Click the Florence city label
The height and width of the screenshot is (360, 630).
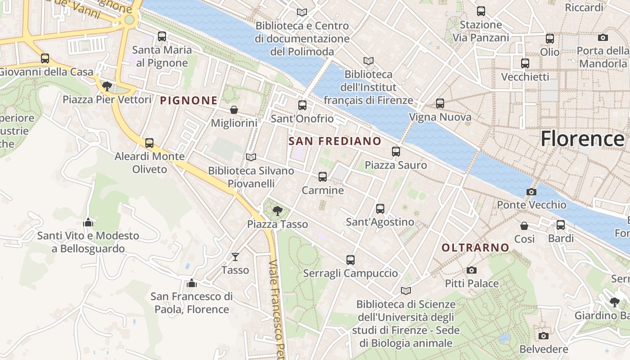[x=582, y=139]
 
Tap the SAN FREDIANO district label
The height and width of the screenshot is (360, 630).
[x=335, y=141]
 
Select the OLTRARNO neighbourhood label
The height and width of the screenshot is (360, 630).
[x=475, y=247]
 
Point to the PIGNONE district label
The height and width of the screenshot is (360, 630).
[x=189, y=101]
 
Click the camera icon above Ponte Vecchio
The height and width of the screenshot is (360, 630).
[x=531, y=192]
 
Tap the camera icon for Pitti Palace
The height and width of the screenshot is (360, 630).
[x=471, y=270]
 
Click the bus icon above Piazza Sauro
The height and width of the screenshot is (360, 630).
[x=396, y=152]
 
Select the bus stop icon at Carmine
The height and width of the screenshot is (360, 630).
[x=322, y=177]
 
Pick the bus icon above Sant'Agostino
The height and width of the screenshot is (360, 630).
[x=380, y=209]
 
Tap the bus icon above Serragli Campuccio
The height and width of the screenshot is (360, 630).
[x=351, y=260]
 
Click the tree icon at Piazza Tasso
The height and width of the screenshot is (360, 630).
[x=278, y=211]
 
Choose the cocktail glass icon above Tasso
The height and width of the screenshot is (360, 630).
[x=235, y=257]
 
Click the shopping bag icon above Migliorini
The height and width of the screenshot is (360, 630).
[x=234, y=110]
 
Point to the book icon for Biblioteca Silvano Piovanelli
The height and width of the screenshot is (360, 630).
[x=251, y=157]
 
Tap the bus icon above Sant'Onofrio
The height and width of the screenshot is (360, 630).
[x=302, y=105]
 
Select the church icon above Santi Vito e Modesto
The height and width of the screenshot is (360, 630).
[x=88, y=222]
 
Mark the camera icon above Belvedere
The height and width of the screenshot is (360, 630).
[x=544, y=336]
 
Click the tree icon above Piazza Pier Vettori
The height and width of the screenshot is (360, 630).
[x=107, y=86]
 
